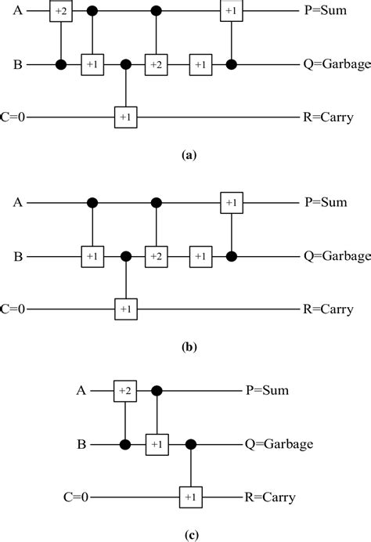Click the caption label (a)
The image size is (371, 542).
(188, 156)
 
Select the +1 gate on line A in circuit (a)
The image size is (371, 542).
(230, 13)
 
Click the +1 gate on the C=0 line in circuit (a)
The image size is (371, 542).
(124, 117)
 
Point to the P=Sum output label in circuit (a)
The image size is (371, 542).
(321, 13)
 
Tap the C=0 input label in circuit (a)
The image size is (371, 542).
(16, 117)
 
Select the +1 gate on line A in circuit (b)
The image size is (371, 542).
(230, 203)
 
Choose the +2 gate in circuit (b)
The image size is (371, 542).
(157, 255)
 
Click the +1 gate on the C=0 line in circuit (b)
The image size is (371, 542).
(124, 308)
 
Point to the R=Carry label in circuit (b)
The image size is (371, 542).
(324, 308)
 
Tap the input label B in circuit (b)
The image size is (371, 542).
(16, 255)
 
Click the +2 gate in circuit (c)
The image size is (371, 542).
(124, 389)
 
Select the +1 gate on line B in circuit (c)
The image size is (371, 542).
(157, 443)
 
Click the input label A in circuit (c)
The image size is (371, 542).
(81, 389)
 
